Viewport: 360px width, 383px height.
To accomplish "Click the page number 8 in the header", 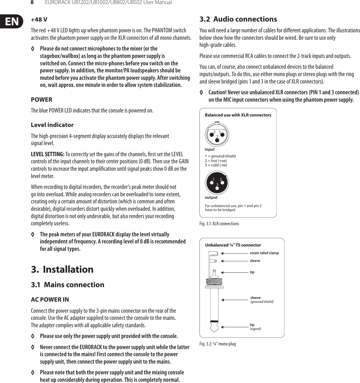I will pos(32,2).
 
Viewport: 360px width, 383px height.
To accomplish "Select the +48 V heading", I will pos(39,20).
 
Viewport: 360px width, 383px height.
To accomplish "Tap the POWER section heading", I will pos(42,100).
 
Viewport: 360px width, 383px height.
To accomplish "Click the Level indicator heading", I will pos(52,125).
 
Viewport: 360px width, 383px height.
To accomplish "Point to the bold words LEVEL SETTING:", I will pos(47,154).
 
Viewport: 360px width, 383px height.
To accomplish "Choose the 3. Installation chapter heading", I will pos(62,269).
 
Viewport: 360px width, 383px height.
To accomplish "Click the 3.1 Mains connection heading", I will pos(67,284).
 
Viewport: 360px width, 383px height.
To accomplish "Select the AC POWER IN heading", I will pos(50,299).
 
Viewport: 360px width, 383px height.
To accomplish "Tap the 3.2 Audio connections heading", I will pos(238,19).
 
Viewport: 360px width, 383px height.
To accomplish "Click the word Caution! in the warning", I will pos(217,92).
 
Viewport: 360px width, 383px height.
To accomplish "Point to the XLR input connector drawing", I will pos(217,134).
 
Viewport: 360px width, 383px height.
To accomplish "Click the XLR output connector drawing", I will pos(217,182).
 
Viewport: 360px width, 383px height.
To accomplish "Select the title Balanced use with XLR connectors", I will pos(238,115).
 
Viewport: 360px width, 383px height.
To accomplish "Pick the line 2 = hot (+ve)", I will pos(216,161).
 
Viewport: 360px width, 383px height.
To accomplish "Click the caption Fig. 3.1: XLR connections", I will pos(219,224).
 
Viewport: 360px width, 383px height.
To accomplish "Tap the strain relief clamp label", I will pos(264,253).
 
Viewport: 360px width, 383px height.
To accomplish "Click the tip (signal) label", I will pos(255,327).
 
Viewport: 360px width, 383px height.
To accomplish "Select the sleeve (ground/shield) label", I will pos(262,299).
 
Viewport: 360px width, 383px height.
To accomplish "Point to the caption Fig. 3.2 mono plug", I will pos(218,344).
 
